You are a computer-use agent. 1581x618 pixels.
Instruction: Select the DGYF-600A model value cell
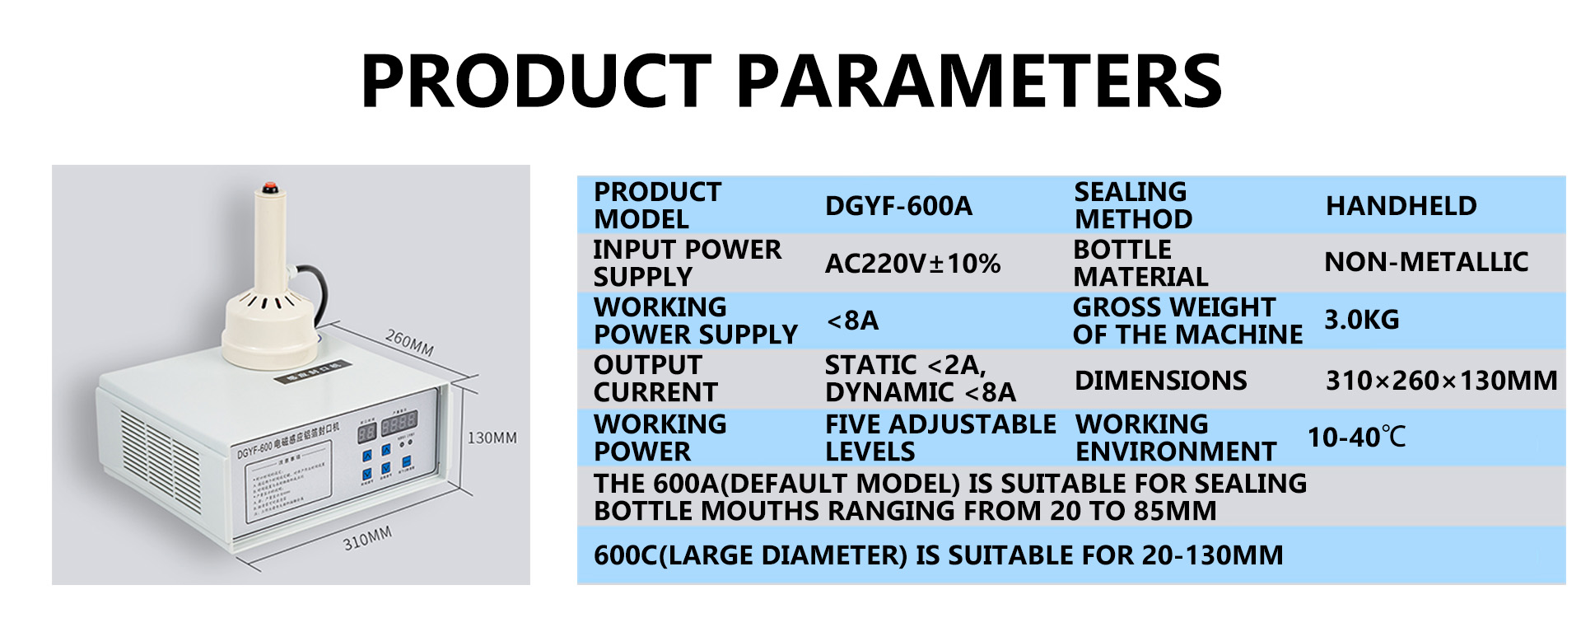click(x=898, y=205)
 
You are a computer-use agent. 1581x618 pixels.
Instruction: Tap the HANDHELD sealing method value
click(x=1401, y=205)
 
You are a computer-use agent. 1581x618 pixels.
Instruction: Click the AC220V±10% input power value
click(x=912, y=263)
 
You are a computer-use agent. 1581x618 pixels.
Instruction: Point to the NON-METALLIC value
click(x=1425, y=262)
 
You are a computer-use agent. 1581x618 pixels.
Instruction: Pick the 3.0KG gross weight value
click(x=1361, y=320)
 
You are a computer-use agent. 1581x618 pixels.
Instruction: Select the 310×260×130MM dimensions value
click(x=1441, y=380)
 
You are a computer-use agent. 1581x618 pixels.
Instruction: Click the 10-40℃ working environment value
click(x=1356, y=437)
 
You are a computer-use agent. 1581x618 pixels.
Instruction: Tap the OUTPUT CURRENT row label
click(x=655, y=378)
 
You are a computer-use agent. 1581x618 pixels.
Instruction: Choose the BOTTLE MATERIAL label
click(x=1140, y=263)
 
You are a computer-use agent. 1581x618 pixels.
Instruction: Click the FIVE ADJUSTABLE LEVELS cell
click(x=940, y=438)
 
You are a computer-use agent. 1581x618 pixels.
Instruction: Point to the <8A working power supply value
click(x=852, y=320)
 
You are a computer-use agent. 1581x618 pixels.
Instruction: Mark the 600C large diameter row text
click(x=938, y=555)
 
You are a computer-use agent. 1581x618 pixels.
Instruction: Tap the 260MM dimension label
click(x=409, y=342)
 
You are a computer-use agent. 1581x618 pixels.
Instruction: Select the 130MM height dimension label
click(x=492, y=438)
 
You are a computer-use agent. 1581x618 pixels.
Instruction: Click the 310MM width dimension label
click(x=367, y=539)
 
